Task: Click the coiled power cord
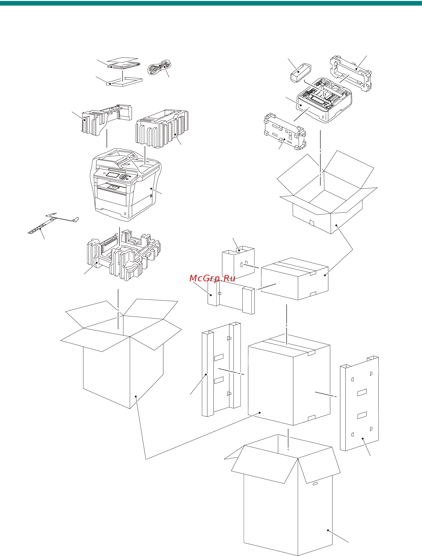159,67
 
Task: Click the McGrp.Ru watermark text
212,278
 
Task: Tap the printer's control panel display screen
112,175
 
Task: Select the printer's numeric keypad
124,177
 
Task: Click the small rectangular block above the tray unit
301,72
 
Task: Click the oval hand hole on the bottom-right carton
315,483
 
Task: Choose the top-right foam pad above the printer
162,128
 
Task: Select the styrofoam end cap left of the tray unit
284,132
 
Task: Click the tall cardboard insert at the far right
360,405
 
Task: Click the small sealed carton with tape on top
294,279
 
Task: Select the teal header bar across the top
211,3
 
